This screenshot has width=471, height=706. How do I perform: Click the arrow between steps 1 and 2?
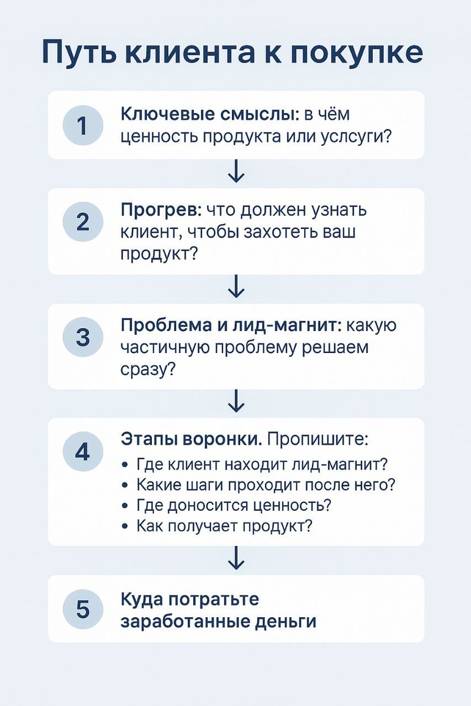click(235, 173)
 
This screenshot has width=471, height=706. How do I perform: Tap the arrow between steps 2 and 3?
click(235, 288)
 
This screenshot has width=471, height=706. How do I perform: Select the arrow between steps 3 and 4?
click(235, 403)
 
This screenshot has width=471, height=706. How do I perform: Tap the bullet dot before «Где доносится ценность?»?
click(125, 505)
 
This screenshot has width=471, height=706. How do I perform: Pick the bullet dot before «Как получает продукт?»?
click(125, 526)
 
